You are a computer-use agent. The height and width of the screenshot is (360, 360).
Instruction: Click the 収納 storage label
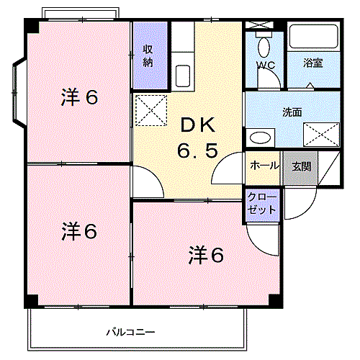point(148,55)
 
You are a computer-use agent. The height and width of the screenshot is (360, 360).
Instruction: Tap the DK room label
point(197,125)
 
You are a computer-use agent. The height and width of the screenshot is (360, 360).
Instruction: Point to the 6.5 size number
point(197,152)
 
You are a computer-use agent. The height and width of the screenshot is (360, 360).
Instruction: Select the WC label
point(266,63)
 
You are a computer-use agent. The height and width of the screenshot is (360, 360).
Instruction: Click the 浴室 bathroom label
point(312,63)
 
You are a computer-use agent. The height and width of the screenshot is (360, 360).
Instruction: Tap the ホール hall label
point(264,166)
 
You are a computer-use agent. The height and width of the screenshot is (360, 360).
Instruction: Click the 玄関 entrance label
point(301,166)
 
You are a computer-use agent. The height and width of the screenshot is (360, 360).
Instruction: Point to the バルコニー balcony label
point(130,332)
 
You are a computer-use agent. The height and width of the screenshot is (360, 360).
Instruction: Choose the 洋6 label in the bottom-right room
point(207,254)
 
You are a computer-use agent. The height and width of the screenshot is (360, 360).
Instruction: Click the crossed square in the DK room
point(150,111)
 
